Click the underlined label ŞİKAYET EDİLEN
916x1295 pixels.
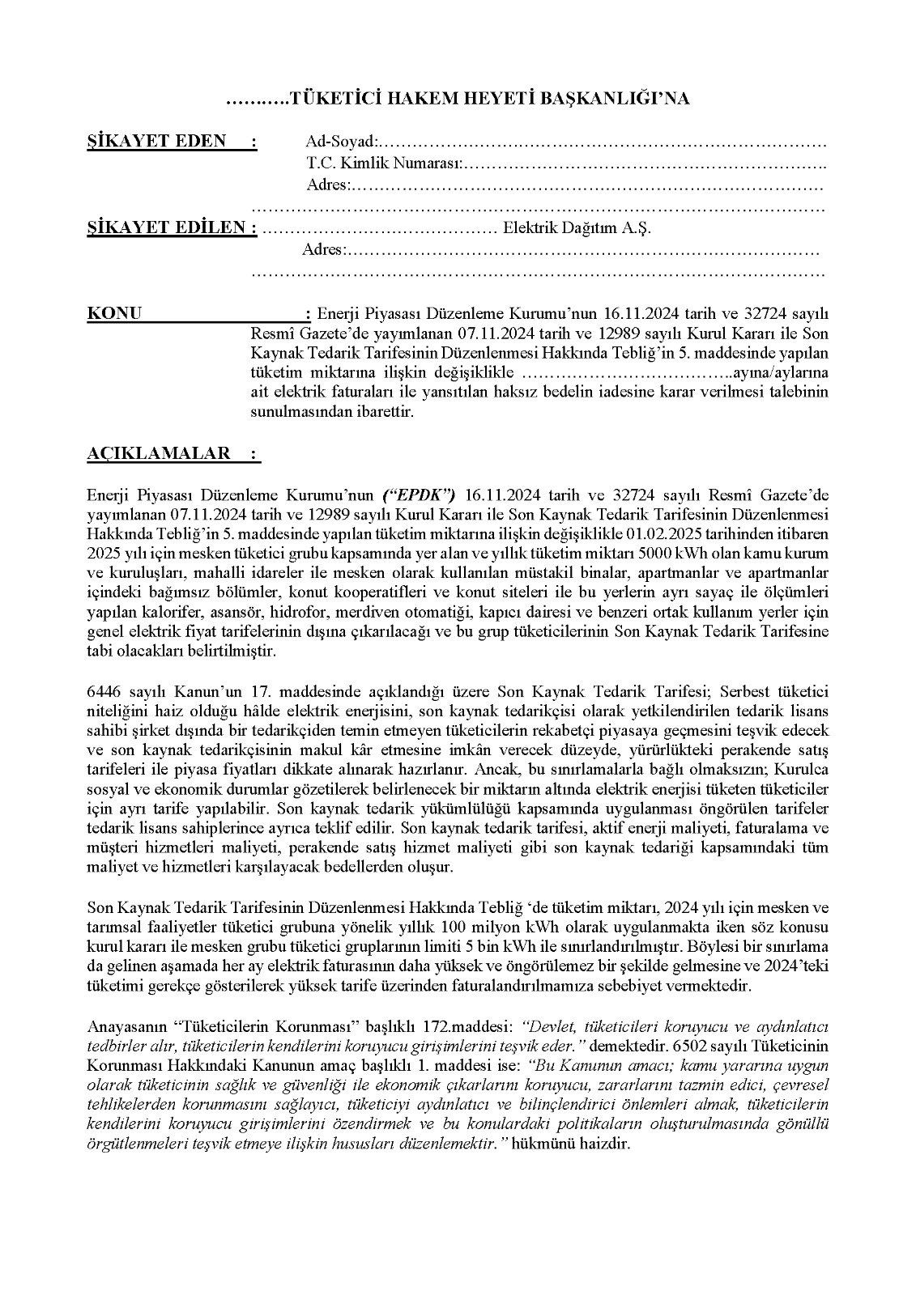click(172, 227)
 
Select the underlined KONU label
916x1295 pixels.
click(114, 313)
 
